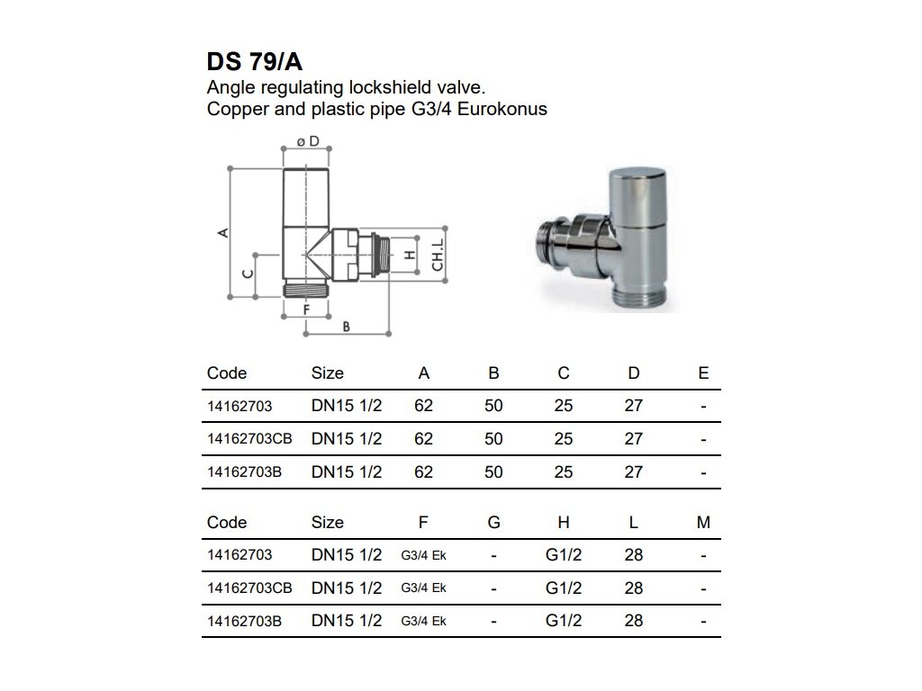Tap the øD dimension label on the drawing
tap(308, 142)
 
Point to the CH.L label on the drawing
tap(437, 255)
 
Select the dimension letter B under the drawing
tap(346, 327)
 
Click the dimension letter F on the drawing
tap(306, 310)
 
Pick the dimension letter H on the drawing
tap(410, 255)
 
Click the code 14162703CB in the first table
tap(249, 439)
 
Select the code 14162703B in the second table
tap(245, 621)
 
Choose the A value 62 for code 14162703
tap(423, 406)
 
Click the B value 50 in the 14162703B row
tap(493, 472)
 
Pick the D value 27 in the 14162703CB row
tap(634, 439)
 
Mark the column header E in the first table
tap(703, 373)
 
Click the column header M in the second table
tap(703, 523)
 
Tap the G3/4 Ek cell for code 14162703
tap(423, 555)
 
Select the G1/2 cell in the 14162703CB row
tap(564, 588)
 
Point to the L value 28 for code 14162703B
tap(634, 621)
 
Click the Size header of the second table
tap(327, 523)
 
